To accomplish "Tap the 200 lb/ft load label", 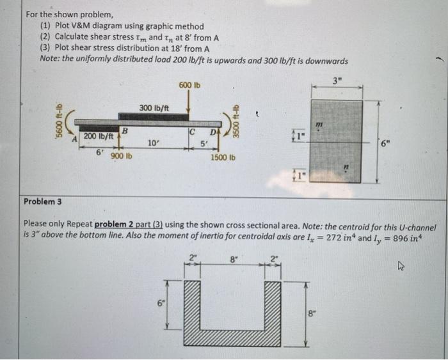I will point(98,137).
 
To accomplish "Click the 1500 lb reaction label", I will point(224,157).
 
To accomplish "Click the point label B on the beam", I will point(125,130).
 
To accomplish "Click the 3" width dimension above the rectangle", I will point(337,79).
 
